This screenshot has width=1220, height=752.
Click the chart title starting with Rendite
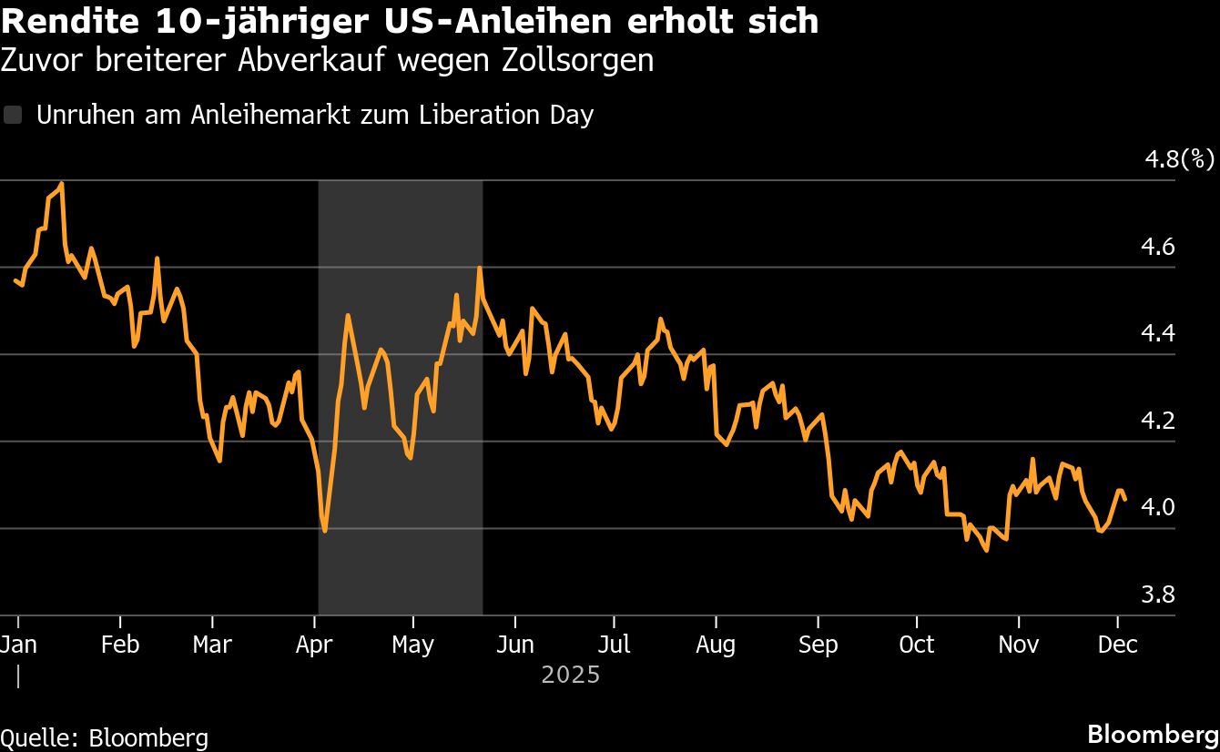410,22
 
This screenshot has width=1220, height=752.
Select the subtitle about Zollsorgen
327,60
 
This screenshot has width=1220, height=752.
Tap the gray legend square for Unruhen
13,115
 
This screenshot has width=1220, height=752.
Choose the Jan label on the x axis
17,644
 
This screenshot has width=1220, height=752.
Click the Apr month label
314,644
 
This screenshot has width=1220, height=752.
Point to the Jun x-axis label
515,644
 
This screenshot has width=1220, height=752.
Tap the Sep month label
818,644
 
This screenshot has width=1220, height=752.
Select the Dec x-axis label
1118,644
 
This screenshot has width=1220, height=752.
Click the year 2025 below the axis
571,675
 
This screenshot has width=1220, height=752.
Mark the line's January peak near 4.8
61,184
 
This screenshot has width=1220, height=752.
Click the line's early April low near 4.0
325,530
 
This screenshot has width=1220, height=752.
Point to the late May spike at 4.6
479,268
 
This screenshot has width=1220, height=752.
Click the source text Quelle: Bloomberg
104,737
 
